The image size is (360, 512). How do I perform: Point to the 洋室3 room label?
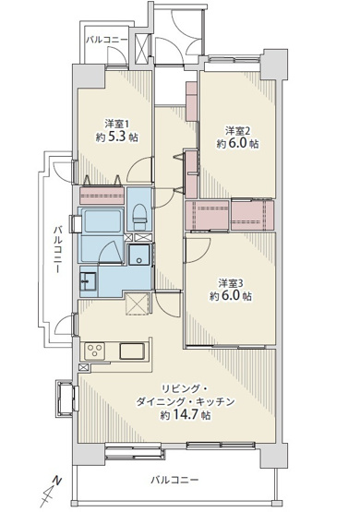pos(231,281)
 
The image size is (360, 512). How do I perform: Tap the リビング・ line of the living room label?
pos(178,387)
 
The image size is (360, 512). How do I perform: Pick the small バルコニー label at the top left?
pos(106,41)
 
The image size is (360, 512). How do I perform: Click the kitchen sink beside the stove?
pos(129,351)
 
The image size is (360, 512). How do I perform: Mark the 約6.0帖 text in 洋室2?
pos(237,145)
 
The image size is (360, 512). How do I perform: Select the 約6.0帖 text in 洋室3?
pos(231,297)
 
